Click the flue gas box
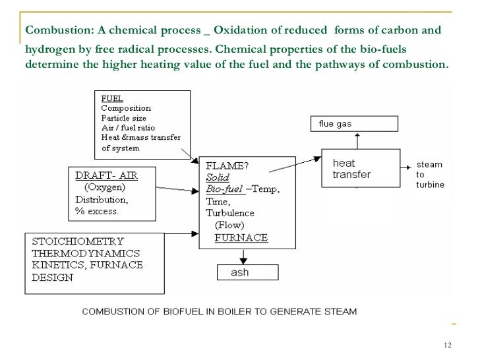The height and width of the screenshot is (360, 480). click(354, 124)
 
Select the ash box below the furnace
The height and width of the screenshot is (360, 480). click(239, 272)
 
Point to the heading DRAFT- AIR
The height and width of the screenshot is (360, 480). click(106, 177)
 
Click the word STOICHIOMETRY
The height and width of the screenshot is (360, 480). click(78, 241)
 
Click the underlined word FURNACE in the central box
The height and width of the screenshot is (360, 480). click(241, 238)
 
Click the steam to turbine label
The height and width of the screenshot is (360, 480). click(429, 175)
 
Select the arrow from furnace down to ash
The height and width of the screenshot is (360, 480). click(238, 256)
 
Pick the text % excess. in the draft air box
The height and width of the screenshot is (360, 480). click(97, 212)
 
